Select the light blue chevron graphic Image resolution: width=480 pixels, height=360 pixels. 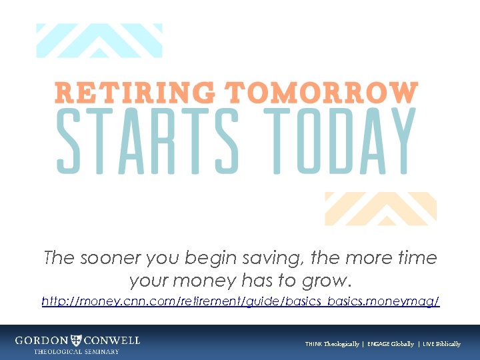pos(99,40)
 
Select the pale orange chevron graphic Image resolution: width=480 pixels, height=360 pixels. pos(381,208)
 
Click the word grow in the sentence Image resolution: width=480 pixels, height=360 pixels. pos(329,281)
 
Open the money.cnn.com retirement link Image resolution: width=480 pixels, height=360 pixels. pos(240,302)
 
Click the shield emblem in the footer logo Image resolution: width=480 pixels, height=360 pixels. pos(77,340)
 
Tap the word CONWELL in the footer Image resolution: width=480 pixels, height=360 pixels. pos(112,340)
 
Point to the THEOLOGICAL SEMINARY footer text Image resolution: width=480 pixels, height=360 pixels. pos(77,351)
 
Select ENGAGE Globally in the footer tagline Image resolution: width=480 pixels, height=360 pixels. pos(389,344)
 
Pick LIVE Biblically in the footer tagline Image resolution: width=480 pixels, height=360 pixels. pos(441,344)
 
